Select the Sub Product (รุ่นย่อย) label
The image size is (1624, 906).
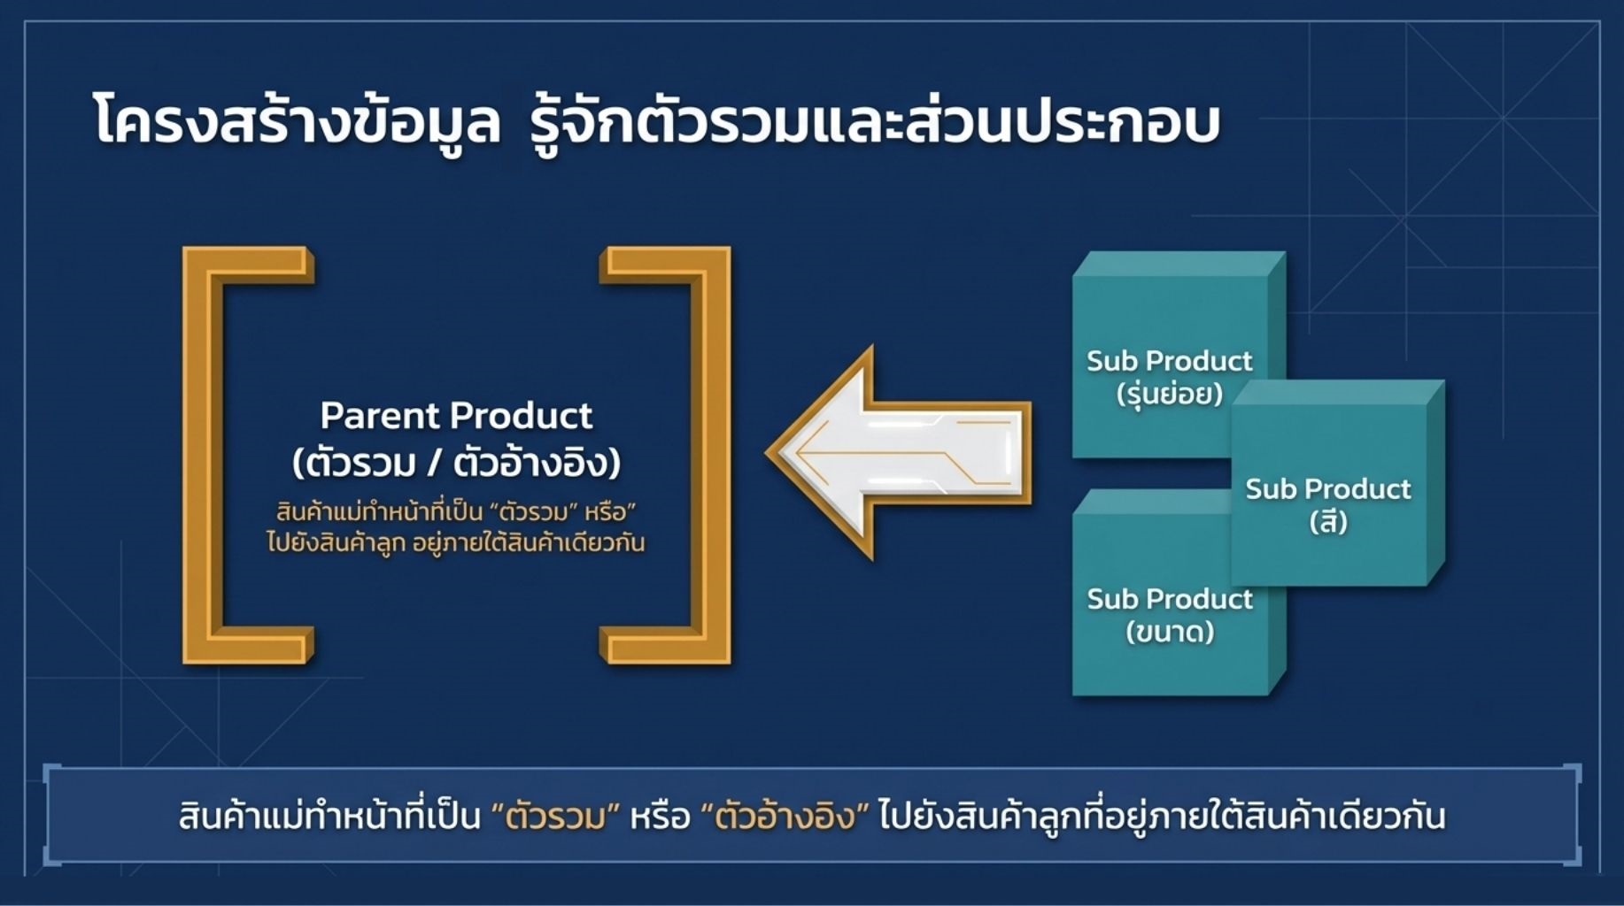[1169, 376]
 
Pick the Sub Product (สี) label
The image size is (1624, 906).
[1328, 504]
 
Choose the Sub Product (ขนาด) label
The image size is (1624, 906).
[1169, 615]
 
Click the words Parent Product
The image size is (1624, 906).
[456, 415]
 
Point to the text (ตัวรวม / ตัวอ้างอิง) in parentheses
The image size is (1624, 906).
[457, 463]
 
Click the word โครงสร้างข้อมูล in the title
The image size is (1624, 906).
[298, 123]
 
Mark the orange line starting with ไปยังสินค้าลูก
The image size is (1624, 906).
[456, 541]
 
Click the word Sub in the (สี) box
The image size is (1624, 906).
[1271, 489]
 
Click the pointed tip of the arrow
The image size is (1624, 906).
[765, 453]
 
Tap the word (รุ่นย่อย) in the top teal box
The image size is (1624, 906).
[1170, 392]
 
